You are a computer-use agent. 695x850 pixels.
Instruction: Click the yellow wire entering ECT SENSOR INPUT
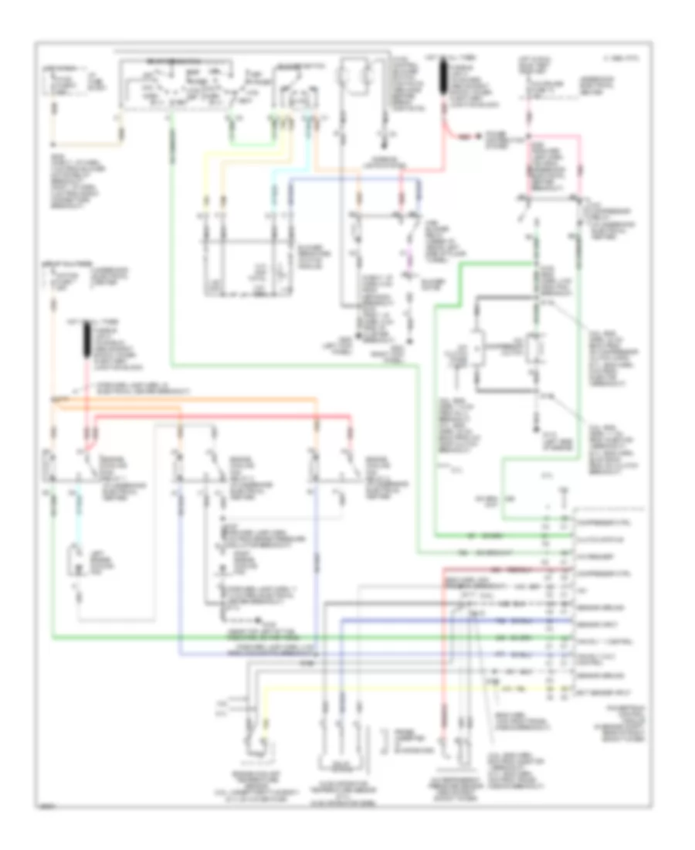[386, 685]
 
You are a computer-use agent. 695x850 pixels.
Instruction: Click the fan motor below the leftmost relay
[76, 563]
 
